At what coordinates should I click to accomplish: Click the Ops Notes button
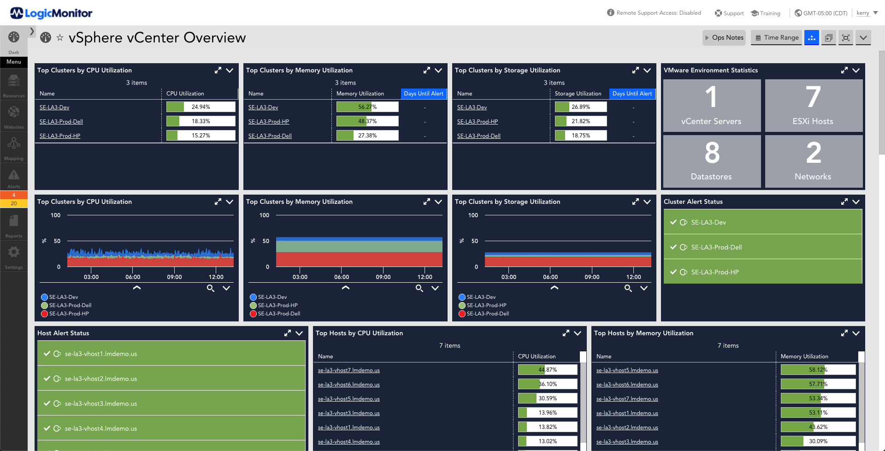coord(724,38)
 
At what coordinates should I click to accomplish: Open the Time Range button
coord(777,38)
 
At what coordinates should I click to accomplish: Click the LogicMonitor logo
coord(51,13)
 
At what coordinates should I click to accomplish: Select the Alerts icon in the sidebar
coord(14,178)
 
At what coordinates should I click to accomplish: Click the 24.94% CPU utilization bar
coord(201,107)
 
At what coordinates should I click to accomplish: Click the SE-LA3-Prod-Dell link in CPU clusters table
coord(61,122)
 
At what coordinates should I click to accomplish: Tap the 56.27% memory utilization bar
coord(367,107)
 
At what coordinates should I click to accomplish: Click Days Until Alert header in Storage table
coord(632,94)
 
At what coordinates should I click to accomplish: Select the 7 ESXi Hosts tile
coord(813,106)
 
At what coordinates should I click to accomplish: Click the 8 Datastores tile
coord(711,161)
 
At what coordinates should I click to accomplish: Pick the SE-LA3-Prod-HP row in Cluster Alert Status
coord(762,272)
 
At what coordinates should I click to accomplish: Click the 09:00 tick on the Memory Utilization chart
coord(383,277)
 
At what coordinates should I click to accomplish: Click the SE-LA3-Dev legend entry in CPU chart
coord(63,297)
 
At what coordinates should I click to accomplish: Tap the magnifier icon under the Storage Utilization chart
coord(628,288)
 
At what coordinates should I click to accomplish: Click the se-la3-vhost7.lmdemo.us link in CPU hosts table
coord(348,370)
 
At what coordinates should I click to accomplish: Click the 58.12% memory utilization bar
coord(818,370)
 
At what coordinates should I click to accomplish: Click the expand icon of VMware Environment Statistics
coord(844,71)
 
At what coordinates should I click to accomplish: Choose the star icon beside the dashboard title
coord(60,38)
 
